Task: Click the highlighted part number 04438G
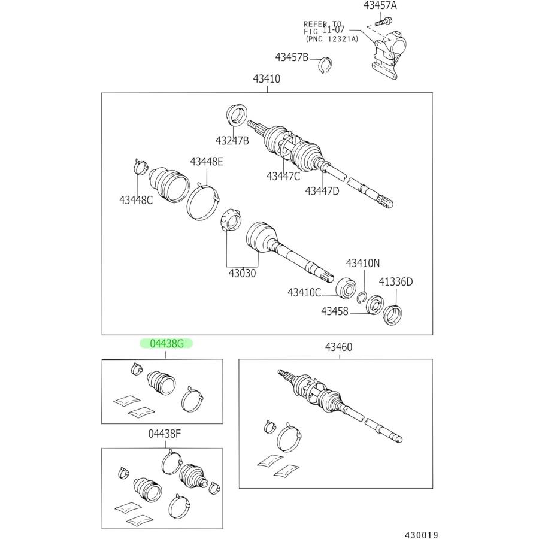click(167, 343)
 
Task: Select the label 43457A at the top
click(380, 6)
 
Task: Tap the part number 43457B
click(292, 57)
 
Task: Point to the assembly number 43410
click(267, 78)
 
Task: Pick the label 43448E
click(207, 161)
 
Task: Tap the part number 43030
click(241, 272)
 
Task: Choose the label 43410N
click(362, 264)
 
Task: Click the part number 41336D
click(395, 281)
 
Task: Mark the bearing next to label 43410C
click(346, 287)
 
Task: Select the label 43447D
click(322, 190)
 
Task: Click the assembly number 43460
click(339, 347)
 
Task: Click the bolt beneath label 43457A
click(380, 23)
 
